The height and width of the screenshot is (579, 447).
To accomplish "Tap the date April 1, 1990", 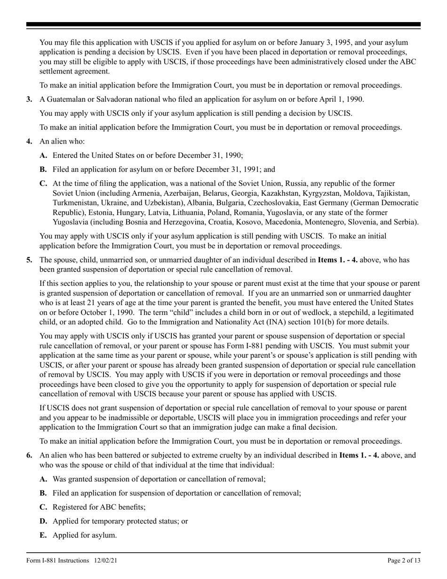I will point(341,99).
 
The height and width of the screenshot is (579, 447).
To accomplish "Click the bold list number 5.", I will point(29,259).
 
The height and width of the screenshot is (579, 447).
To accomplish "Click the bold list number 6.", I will point(29,455).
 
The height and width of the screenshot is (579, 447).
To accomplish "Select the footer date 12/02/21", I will point(106,561).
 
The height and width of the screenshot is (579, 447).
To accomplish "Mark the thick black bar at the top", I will point(223,24).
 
